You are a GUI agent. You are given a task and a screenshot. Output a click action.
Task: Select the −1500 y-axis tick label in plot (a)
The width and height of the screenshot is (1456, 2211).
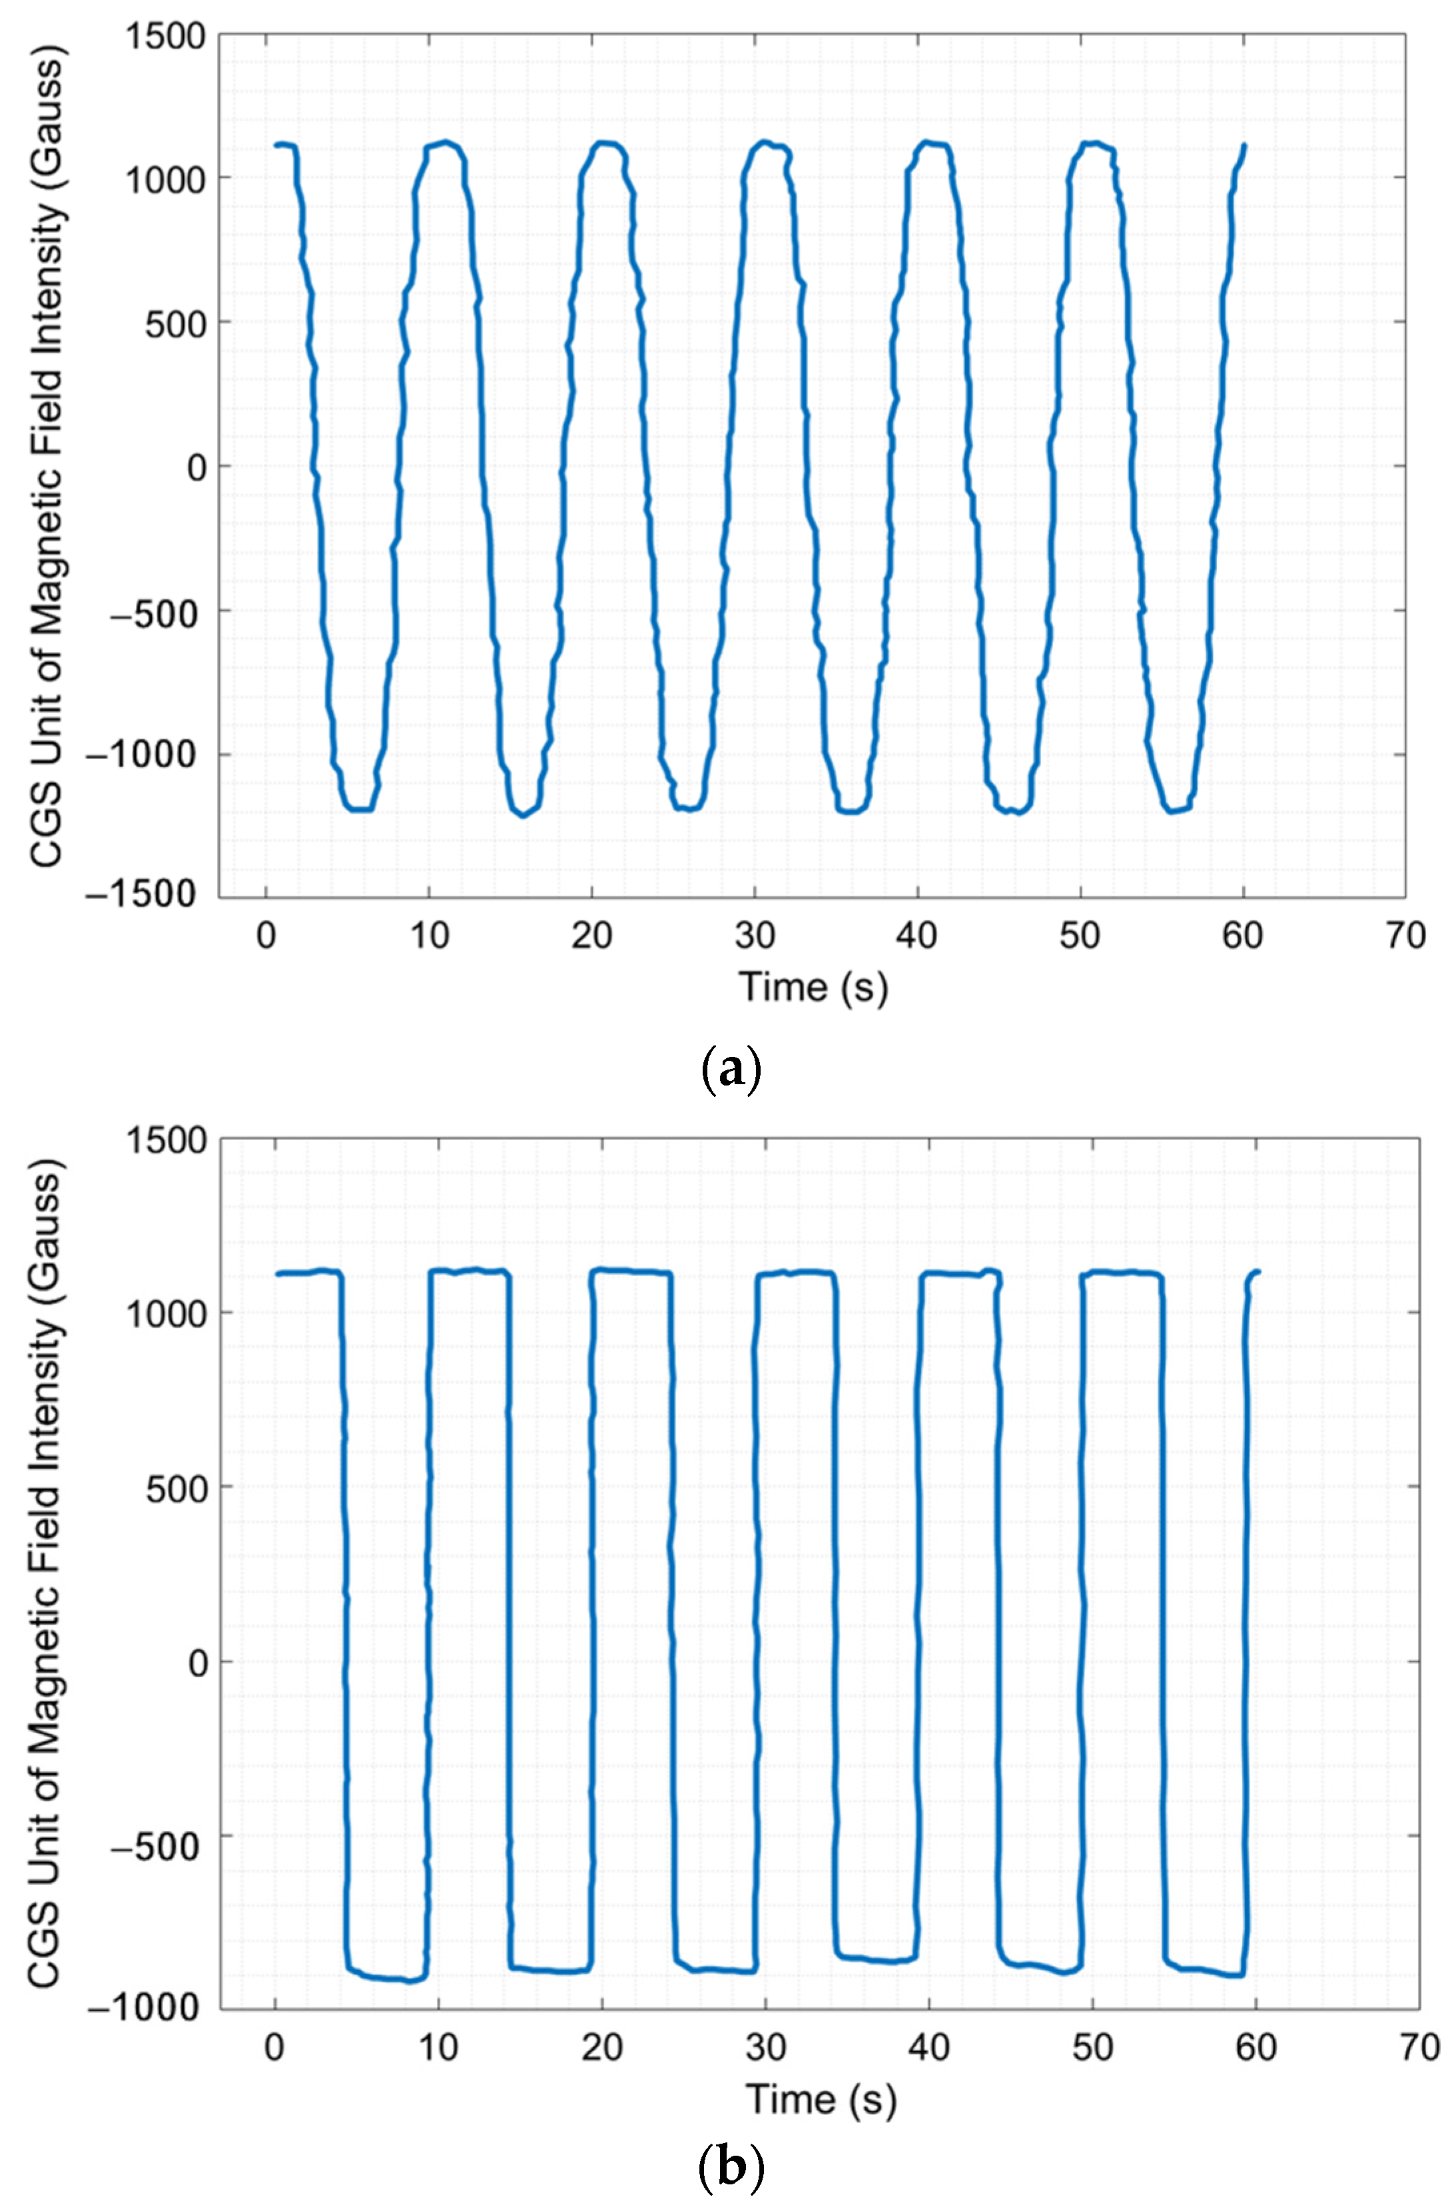pyautogui.click(x=142, y=894)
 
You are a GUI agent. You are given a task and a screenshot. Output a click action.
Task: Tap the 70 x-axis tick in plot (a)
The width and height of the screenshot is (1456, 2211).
pyautogui.click(x=1405, y=936)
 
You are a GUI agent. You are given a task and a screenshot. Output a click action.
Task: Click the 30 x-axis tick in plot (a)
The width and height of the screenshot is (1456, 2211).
pyautogui.click(x=755, y=936)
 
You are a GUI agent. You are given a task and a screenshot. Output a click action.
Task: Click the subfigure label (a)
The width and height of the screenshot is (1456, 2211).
pyautogui.click(x=729, y=1070)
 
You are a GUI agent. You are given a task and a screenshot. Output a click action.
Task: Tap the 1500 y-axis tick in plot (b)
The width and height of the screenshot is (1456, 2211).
pyautogui.click(x=165, y=1141)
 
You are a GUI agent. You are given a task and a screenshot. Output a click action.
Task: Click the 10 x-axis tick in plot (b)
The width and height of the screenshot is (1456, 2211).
pyautogui.click(x=438, y=2047)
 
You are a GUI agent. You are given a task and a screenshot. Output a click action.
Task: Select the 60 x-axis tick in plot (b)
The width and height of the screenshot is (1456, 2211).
pyautogui.click(x=1256, y=2047)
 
